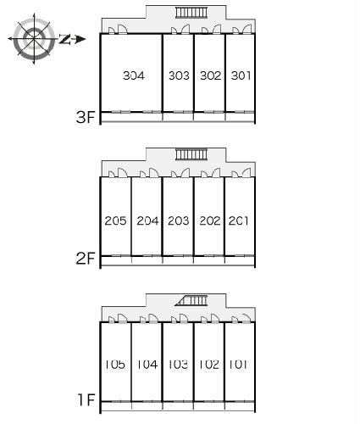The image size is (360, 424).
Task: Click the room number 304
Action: click(x=134, y=75)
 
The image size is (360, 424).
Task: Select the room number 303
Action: click(x=179, y=75)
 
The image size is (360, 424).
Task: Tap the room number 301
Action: click(x=241, y=75)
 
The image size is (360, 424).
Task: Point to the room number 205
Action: click(x=115, y=220)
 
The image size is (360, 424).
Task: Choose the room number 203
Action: click(x=179, y=220)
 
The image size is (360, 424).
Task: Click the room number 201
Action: click(x=239, y=220)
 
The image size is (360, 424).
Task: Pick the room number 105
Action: click(x=115, y=364)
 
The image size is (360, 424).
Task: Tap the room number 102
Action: click(x=209, y=364)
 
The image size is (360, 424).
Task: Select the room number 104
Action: click(x=147, y=364)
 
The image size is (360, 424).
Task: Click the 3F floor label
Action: click(x=86, y=117)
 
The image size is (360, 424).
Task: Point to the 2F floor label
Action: click(x=86, y=258)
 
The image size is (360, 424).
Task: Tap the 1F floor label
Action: click(x=86, y=399)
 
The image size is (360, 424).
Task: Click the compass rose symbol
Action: click(x=34, y=38)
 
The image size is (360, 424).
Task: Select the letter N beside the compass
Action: click(x=64, y=39)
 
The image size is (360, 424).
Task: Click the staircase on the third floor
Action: click(x=191, y=13)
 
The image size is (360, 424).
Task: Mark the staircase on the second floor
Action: click(x=191, y=154)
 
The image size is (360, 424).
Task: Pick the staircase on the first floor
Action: click(x=191, y=300)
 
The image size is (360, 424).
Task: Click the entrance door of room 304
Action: click(x=122, y=30)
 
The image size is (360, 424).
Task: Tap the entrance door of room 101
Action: click(x=246, y=318)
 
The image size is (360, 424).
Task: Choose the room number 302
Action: click(x=210, y=75)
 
